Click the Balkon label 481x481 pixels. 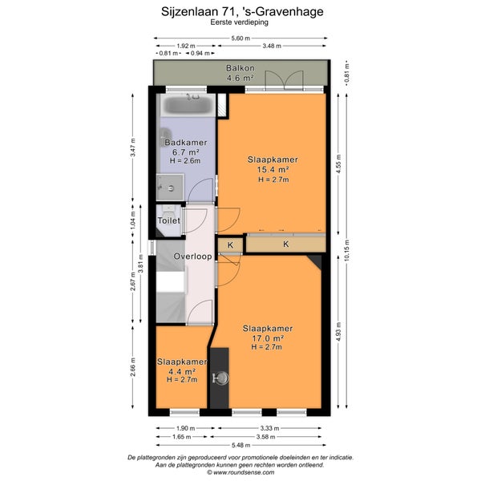(240, 68)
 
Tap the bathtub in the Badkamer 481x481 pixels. (188, 105)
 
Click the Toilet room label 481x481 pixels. (168, 220)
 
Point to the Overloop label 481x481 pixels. (193, 257)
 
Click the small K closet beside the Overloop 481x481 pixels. (230, 245)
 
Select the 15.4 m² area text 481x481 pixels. (273, 169)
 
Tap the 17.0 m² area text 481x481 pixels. (268, 338)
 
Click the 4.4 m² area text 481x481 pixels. (182, 371)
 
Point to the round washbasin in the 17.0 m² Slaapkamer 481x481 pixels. (221, 378)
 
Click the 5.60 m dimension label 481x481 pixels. (240, 38)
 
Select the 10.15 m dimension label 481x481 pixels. (347, 251)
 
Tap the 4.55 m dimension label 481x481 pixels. (338, 164)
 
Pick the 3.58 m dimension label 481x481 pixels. (265, 437)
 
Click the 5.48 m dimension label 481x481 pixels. (240, 445)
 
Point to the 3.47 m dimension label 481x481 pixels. (133, 148)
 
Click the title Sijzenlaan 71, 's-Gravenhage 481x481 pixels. (242, 12)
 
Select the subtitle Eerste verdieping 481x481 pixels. (239, 22)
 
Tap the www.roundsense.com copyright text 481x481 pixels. (240, 472)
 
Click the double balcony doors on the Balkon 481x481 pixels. (285, 80)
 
